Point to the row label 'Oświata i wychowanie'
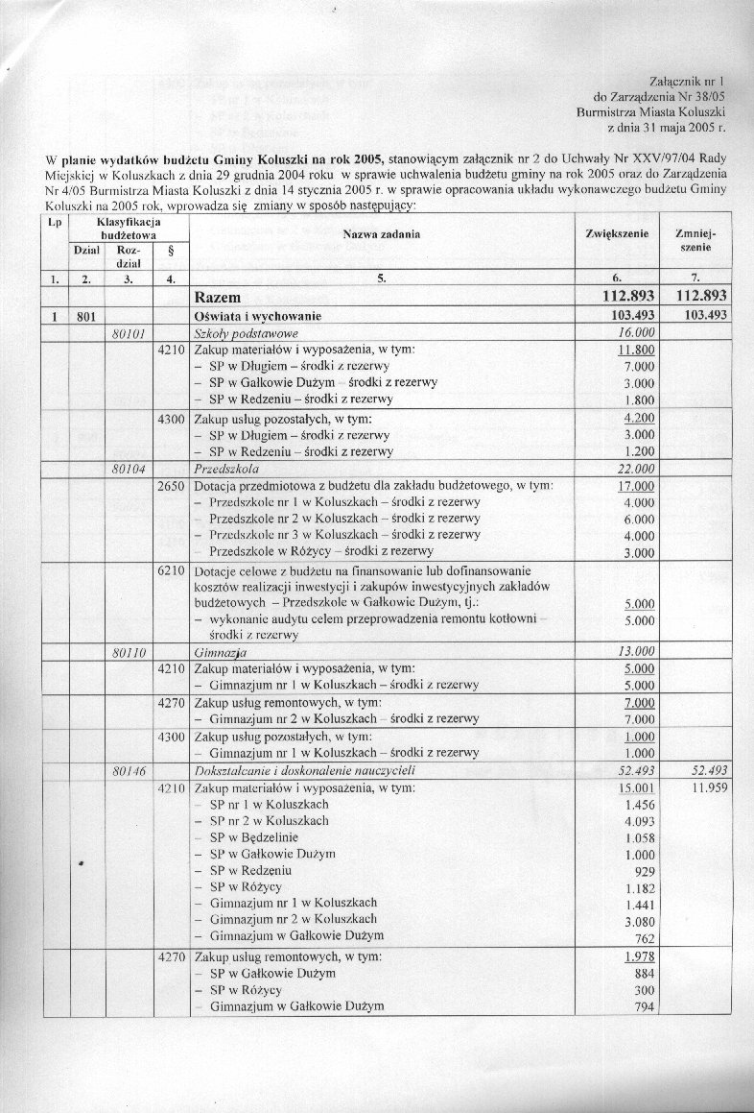(257, 316)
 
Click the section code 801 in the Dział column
(87, 316)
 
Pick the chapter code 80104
(128, 470)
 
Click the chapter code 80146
(128, 771)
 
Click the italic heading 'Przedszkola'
(222, 470)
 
